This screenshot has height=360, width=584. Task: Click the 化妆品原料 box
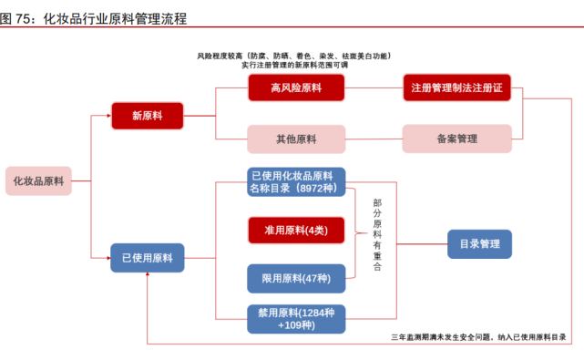coord(38,180)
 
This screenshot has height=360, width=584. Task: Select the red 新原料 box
coord(147,116)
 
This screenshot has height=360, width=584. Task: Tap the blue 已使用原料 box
coord(147,258)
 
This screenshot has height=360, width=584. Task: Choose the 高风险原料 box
coord(296,87)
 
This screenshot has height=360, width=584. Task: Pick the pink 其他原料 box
coord(296,139)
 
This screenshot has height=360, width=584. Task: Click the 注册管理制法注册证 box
coord(456,87)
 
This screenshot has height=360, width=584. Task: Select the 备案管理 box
coord(456,139)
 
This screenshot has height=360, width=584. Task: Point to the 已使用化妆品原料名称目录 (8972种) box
coord(296,181)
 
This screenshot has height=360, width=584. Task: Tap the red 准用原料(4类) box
coord(296,229)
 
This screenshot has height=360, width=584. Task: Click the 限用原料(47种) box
coord(296,277)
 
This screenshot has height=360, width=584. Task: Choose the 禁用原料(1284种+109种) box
coord(296,318)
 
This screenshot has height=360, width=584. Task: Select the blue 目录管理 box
coord(479,244)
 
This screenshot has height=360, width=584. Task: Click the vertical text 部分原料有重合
coord(378,235)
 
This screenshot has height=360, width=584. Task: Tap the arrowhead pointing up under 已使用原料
coord(147,277)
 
